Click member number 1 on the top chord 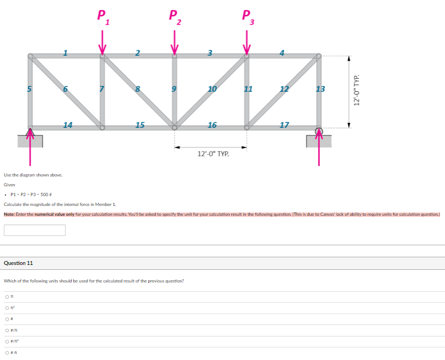(x=66, y=53)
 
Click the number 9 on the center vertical (x=174, y=88)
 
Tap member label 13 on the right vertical (x=320, y=88)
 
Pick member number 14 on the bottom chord (x=67, y=125)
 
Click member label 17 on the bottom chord (x=284, y=125)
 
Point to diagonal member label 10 (x=212, y=88)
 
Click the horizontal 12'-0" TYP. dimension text (x=213, y=154)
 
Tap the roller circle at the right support (x=319, y=131)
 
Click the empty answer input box (x=34, y=230)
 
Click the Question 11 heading (x=19, y=263)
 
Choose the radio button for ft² (x=7, y=308)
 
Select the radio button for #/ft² (x=7, y=341)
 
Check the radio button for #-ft (x=7, y=352)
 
